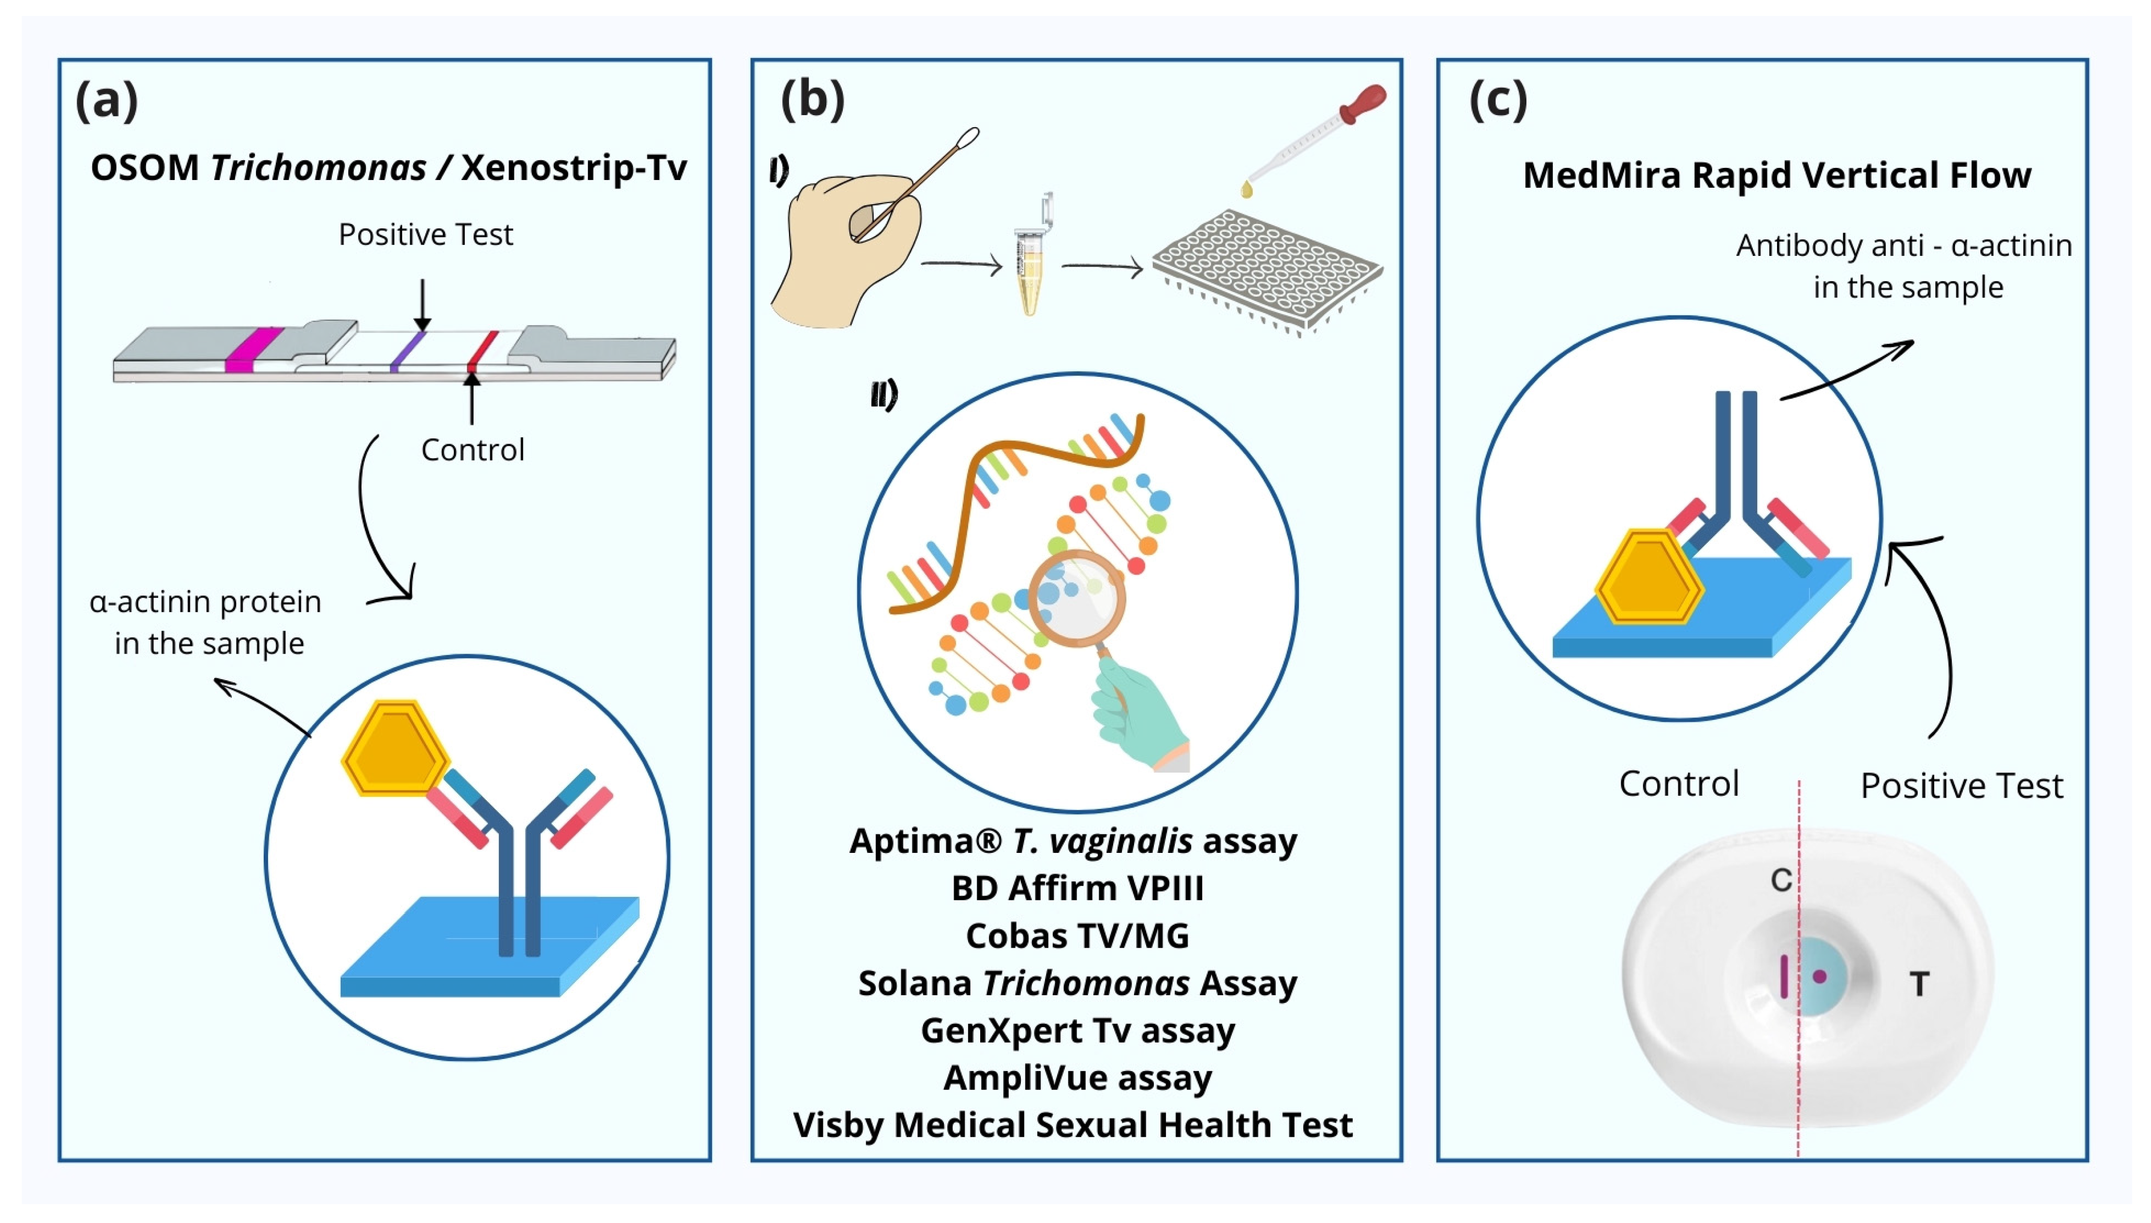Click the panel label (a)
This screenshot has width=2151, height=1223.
(106, 100)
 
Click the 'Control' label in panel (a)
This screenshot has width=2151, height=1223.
(472, 450)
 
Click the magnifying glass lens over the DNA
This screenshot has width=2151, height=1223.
(1077, 598)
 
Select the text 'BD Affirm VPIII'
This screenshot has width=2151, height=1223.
(1077, 888)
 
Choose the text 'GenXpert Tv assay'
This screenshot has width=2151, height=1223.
(1077, 1030)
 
